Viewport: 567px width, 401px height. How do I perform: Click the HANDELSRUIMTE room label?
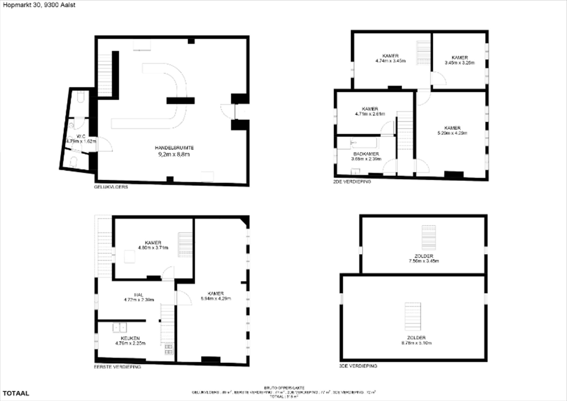pyautogui.click(x=174, y=151)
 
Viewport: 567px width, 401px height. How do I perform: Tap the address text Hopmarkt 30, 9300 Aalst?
pyautogui.click(x=39, y=5)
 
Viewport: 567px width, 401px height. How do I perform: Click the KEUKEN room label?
pyautogui.click(x=130, y=341)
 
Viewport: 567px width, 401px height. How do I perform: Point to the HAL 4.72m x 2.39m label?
pyautogui.click(x=139, y=297)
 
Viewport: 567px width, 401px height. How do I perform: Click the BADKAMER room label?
pyautogui.click(x=366, y=156)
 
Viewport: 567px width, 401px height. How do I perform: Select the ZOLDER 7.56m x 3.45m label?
pyautogui.click(x=424, y=258)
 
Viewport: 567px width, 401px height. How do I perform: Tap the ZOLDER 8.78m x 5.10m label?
pyautogui.click(x=416, y=340)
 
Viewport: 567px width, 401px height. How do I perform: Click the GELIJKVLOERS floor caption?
pyautogui.click(x=111, y=187)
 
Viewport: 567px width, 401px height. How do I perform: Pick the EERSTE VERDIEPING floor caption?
pyautogui.click(x=118, y=367)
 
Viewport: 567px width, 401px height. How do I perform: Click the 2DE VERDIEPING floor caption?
pyautogui.click(x=352, y=182)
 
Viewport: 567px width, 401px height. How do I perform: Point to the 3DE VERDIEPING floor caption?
pyautogui.click(x=358, y=366)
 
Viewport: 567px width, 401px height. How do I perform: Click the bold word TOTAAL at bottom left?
pyautogui.click(x=16, y=393)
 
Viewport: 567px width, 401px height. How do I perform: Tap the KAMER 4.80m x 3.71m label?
pyautogui.click(x=153, y=245)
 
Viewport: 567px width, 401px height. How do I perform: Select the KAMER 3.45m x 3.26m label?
pyautogui.click(x=460, y=60)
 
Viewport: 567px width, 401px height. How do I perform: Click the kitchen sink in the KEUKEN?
pyautogui.click(x=120, y=327)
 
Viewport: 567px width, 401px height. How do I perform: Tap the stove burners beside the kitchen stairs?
pyautogui.click(x=169, y=349)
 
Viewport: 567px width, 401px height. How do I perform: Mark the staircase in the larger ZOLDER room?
pyautogui.click(x=413, y=316)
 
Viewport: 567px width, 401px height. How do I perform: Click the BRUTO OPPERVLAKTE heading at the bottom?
pyautogui.click(x=284, y=388)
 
